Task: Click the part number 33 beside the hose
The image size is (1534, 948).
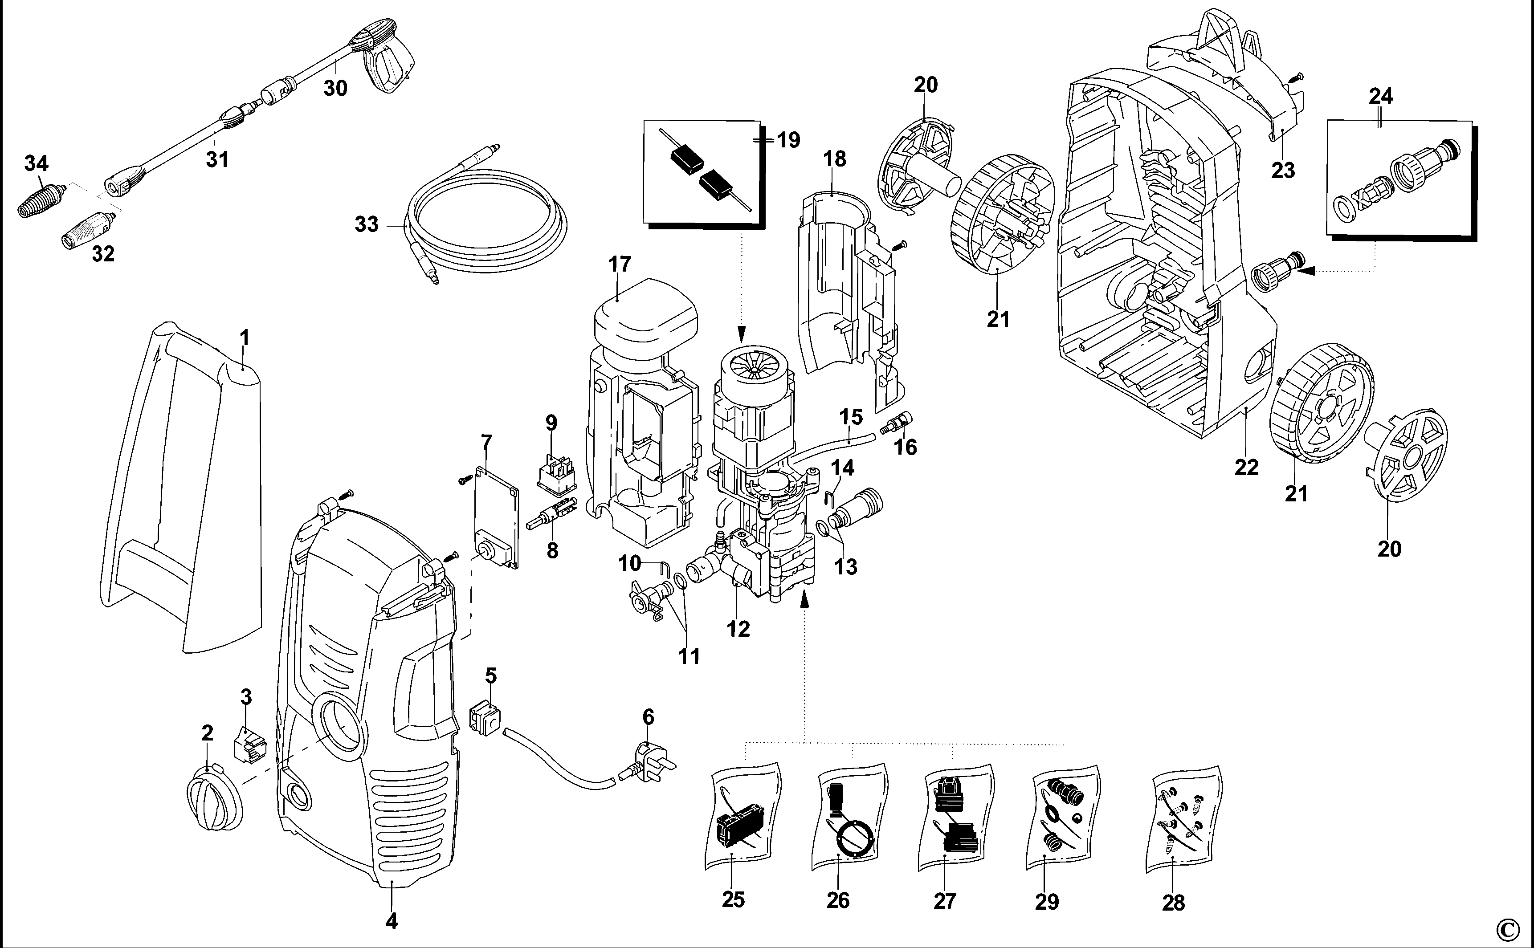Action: pyautogui.click(x=367, y=224)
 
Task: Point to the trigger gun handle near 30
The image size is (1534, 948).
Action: pyautogui.click(x=392, y=69)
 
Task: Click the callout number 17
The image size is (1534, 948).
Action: pyautogui.click(x=620, y=264)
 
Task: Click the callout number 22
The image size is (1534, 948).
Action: pyautogui.click(x=1246, y=467)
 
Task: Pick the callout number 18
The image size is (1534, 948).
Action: pyautogui.click(x=835, y=159)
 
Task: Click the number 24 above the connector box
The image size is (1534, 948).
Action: pyautogui.click(x=1381, y=97)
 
